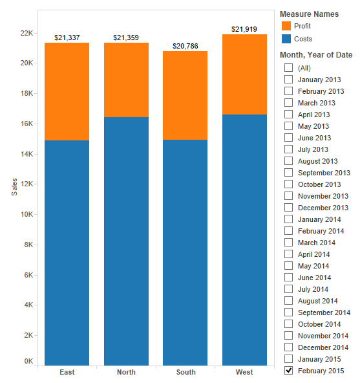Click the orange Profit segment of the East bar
pos(67,91)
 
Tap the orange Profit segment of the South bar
pos(185,95)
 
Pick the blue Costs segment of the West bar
pos(244,239)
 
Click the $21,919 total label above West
pos(244,29)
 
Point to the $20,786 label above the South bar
pos(185,46)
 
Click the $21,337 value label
pos(67,38)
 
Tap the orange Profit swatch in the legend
pos(286,26)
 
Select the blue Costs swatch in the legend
pos(286,39)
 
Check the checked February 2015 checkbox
pos(288,371)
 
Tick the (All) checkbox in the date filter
pos(288,68)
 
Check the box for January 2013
pos(288,80)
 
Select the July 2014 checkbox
pos(288,289)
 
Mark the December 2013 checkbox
pos(288,208)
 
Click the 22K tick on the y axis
pos(26,33)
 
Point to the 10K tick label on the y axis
pos(26,214)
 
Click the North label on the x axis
pos(126,372)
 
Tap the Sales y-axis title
pos(14,186)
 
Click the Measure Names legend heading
pos(309,14)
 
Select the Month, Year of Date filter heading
pos(315,55)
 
